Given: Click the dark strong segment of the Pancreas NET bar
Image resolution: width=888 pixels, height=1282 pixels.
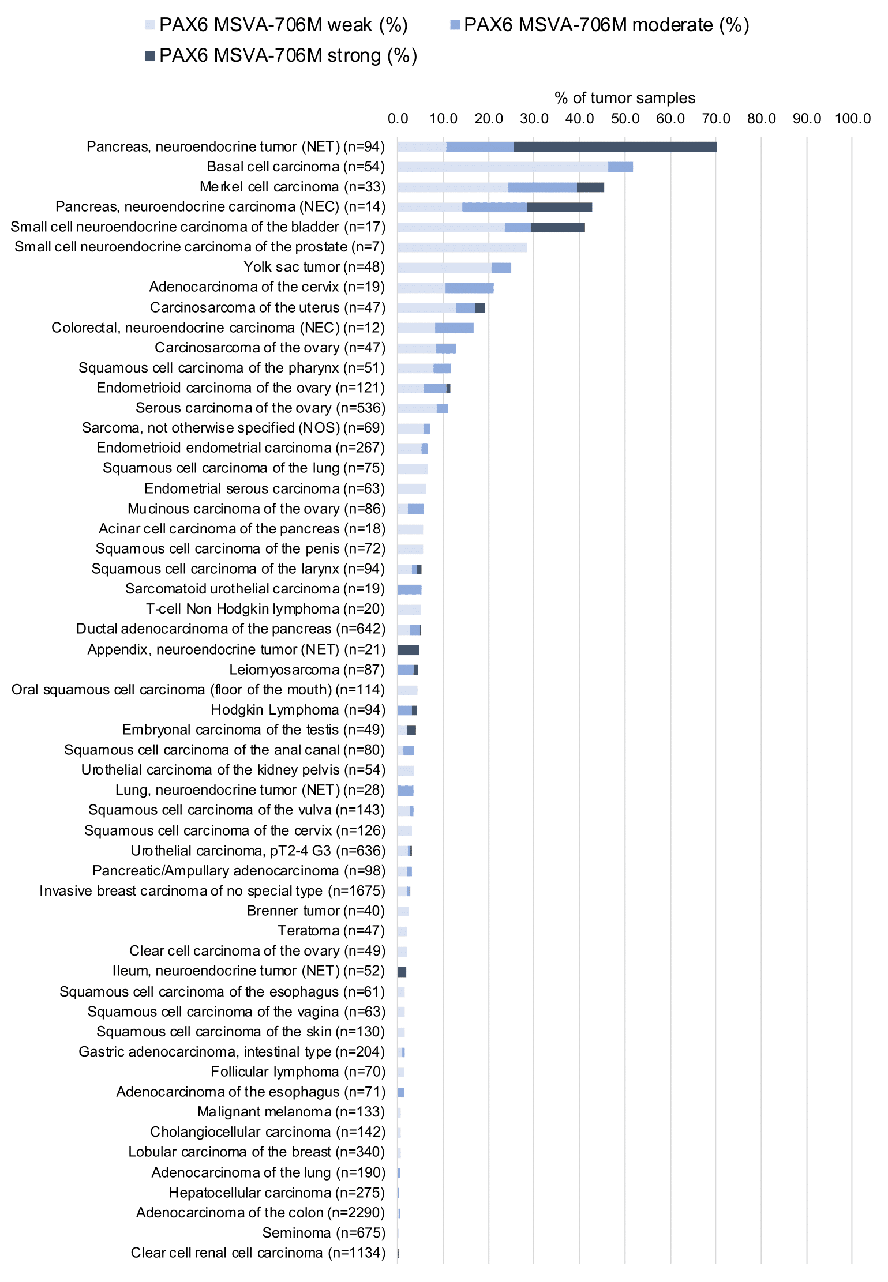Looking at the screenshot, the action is (615, 146).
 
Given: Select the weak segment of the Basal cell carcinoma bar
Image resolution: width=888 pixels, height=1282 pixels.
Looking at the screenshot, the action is (503, 167).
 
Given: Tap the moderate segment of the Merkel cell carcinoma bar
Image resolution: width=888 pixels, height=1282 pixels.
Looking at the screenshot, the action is (542, 187).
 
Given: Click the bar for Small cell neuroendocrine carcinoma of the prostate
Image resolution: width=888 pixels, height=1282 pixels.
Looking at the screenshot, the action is (462, 247).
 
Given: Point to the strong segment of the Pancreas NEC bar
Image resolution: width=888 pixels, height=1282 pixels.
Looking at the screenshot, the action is (560, 207).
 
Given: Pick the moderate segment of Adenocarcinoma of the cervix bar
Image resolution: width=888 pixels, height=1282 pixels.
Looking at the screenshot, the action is (469, 287).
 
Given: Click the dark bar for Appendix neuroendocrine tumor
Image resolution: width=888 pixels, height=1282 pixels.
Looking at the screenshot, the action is (409, 650).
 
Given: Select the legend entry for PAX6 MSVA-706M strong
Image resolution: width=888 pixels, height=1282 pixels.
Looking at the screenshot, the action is (280, 56).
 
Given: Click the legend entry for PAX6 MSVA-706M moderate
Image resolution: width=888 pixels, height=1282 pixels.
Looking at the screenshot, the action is (600, 25).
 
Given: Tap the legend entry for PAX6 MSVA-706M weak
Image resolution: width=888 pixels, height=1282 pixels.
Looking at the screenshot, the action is (276, 25).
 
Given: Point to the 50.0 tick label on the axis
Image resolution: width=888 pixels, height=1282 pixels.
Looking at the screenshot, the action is (625, 119).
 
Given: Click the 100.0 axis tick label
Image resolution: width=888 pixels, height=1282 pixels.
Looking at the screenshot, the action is (852, 119).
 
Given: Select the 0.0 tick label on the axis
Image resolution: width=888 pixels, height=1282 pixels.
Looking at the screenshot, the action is (398, 119).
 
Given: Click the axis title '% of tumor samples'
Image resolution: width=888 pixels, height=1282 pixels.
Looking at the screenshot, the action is (625, 98).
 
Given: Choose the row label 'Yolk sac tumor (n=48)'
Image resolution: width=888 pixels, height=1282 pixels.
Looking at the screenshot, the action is (314, 267).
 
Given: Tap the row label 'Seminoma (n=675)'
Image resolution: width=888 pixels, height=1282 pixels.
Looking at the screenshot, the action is (324, 1233).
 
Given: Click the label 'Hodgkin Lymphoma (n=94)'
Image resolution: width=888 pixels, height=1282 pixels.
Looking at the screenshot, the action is (298, 710).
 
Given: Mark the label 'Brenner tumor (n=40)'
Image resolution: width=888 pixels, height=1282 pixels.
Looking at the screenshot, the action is (316, 911).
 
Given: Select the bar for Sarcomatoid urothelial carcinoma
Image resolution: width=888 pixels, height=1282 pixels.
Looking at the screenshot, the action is (410, 589).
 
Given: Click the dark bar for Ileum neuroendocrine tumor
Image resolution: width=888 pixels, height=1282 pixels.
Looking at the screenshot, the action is (402, 972).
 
